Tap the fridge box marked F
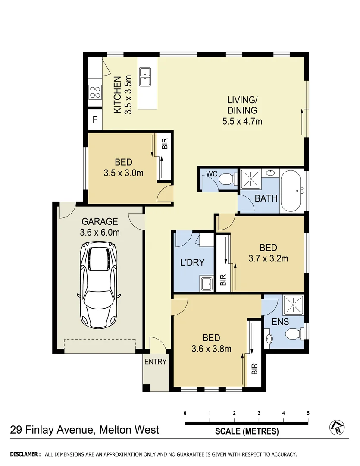pyautogui.click(x=95, y=120)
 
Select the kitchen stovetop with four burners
pyautogui.click(x=95, y=91)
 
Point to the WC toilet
pyautogui.click(x=225, y=179)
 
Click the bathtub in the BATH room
pyautogui.click(x=292, y=190)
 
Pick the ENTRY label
pyautogui.click(x=155, y=362)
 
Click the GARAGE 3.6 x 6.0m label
pyautogui.click(x=99, y=227)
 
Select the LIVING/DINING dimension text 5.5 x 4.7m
pyautogui.click(x=242, y=121)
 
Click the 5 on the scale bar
pyautogui.click(x=308, y=413)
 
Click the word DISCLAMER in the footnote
pyautogui.click(x=25, y=454)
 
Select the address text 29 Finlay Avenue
pyautogui.click(x=53, y=430)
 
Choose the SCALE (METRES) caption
pyautogui.click(x=247, y=431)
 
